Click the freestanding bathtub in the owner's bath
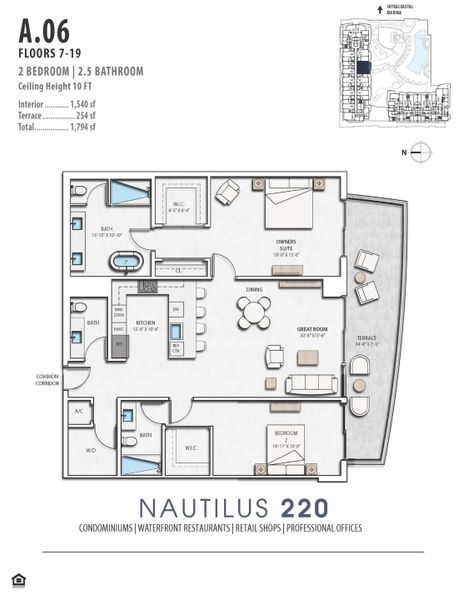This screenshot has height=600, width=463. (126, 264)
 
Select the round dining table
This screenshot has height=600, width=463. (254, 313)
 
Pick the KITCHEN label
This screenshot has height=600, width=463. (146, 323)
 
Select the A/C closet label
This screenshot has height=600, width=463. (78, 410)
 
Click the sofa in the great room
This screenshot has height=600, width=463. (310, 384)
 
